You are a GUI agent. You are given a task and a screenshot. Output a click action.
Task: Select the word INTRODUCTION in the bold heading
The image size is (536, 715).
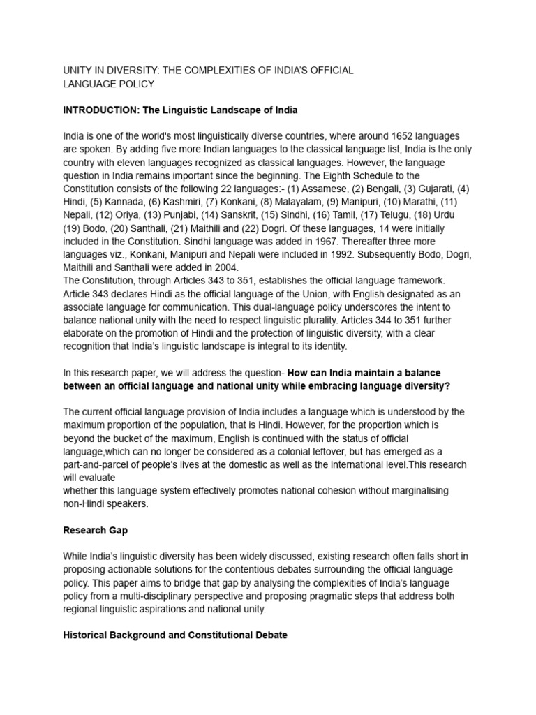tap(97, 110)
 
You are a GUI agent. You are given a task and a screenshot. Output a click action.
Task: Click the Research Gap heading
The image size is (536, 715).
tap(95, 530)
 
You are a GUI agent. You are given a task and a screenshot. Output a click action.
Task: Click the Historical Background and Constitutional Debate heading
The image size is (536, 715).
tap(174, 635)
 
